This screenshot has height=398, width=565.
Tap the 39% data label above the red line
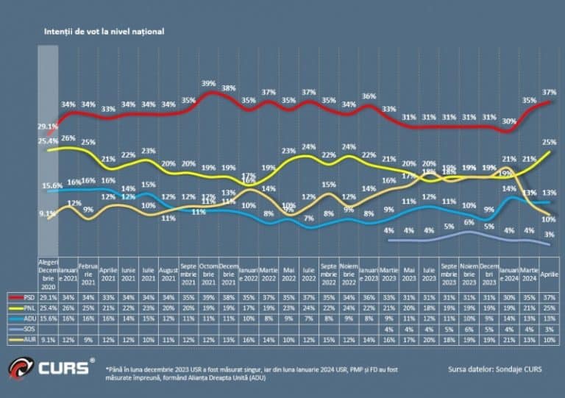point(209,83)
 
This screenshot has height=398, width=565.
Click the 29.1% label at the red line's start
point(49,127)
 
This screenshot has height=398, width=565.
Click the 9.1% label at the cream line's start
point(49,213)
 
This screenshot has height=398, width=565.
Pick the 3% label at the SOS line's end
point(550,235)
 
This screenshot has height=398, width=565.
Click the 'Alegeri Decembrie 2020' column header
point(49,274)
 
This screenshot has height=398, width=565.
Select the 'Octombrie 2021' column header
point(209,274)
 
